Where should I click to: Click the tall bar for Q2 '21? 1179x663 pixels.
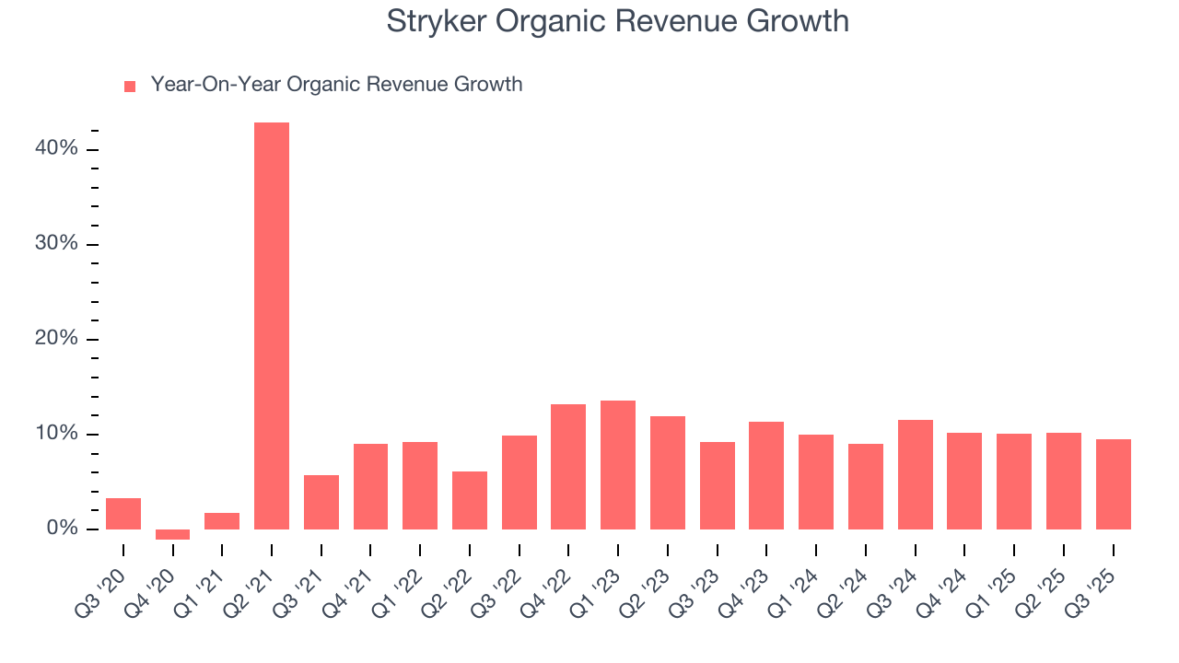tap(272, 326)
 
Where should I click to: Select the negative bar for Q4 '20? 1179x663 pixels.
tap(172, 534)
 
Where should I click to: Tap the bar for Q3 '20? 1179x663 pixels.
tap(123, 514)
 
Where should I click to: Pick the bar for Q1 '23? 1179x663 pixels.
tap(618, 465)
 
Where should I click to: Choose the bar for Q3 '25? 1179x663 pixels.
tap(1113, 484)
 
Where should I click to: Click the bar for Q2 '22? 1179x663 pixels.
tap(470, 500)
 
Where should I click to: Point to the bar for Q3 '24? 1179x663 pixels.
tap(915, 474)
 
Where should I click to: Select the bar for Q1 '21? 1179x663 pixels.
tap(222, 521)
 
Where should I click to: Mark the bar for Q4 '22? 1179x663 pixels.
tap(568, 467)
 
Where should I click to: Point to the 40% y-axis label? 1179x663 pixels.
tap(58, 148)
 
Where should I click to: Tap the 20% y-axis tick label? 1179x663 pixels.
tap(58, 338)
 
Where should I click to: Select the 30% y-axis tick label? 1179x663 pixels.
tap(58, 243)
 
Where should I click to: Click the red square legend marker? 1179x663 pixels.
tap(130, 86)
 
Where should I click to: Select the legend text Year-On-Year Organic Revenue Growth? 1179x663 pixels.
tap(336, 85)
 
